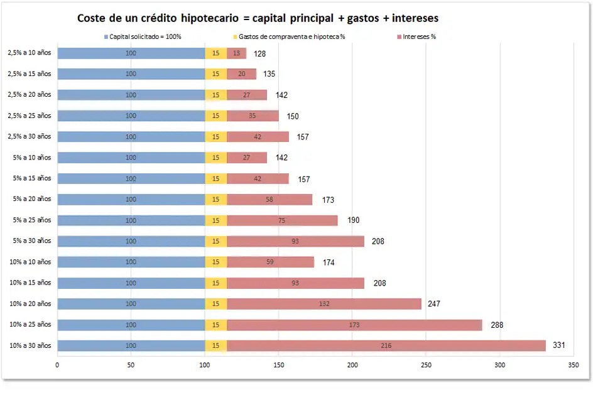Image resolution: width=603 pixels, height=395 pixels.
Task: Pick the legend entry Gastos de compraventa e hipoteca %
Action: [291, 36]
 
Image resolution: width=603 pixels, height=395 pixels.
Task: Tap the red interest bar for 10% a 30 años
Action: [386, 346]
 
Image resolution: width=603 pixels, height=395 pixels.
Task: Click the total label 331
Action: [558, 345]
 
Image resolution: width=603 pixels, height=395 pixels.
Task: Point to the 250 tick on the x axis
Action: [426, 364]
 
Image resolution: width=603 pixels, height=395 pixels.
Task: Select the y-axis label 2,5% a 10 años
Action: [30, 53]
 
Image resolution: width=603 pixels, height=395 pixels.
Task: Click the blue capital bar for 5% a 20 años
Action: [131, 200]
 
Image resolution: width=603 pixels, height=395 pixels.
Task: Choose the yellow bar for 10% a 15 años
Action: [215, 283]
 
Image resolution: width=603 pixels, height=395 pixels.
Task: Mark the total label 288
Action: [497, 325]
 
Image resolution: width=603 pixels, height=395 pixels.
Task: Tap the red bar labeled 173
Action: [354, 325]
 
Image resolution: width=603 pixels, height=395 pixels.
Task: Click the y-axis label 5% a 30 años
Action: [32, 241]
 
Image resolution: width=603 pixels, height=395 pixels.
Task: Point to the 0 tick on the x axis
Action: [58, 364]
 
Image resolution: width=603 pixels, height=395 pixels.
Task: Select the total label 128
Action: [260, 54]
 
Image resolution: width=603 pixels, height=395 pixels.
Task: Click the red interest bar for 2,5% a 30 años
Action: [258, 137]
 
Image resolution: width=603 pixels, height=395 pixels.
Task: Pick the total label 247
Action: [433, 304]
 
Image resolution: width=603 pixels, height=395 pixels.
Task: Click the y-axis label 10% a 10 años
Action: [31, 262]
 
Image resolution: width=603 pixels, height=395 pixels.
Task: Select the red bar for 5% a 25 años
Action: [282, 220]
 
